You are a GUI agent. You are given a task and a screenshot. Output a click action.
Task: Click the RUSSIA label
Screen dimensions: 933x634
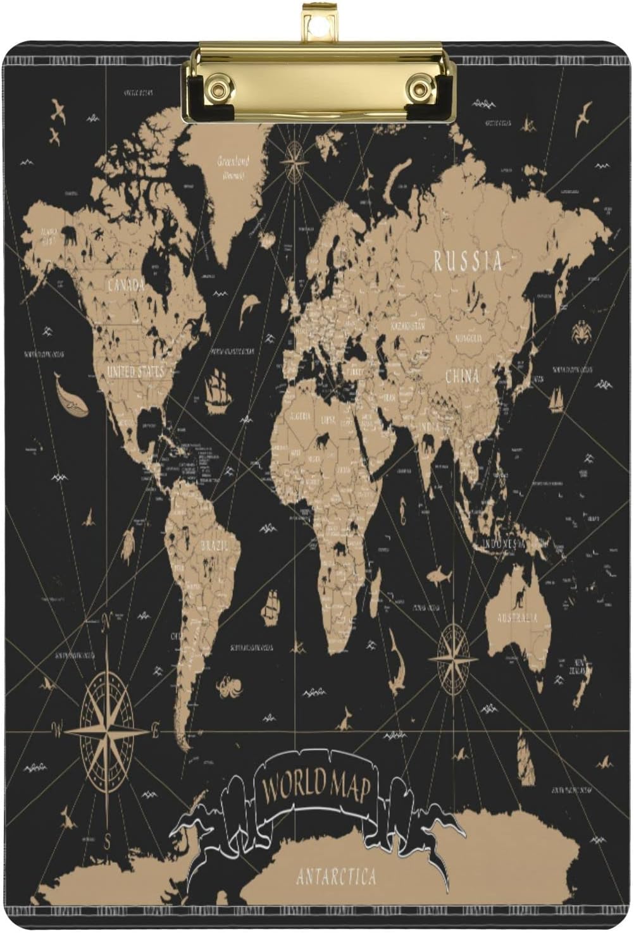(x=467, y=261)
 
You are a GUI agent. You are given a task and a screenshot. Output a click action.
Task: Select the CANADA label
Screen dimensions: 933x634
(x=126, y=286)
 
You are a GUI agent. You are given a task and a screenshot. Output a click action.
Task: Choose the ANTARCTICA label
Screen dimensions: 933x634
(x=336, y=877)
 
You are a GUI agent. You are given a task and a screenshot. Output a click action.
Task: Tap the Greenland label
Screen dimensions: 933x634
(x=233, y=161)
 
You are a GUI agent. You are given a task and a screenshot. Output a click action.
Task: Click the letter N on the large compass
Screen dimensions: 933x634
(x=107, y=621)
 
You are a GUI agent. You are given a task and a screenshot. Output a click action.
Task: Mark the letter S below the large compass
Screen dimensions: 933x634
(x=108, y=841)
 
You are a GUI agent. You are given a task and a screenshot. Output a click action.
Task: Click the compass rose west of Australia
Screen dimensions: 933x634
(x=453, y=658)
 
